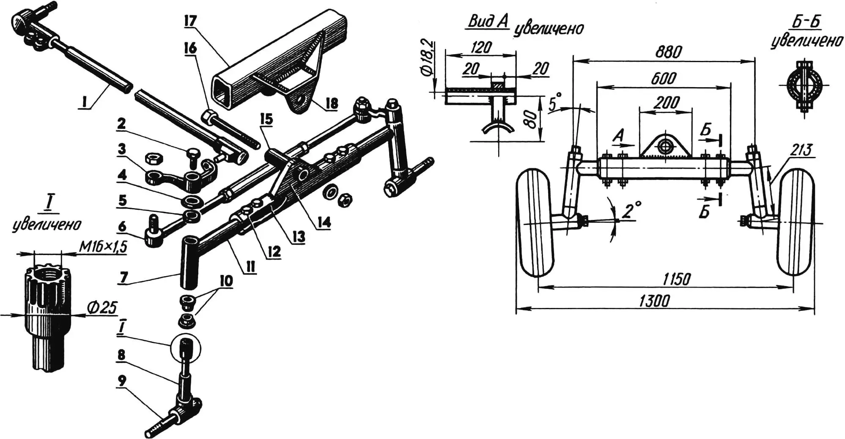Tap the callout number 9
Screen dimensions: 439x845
pos(121,381)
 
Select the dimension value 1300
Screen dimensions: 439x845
pos(654,301)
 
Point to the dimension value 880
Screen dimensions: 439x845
pos(668,52)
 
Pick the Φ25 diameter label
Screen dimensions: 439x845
pos(102,308)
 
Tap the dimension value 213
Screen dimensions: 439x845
pos(801,151)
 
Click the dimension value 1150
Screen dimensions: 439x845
pos(676,279)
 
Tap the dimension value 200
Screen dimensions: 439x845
pos(666,102)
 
